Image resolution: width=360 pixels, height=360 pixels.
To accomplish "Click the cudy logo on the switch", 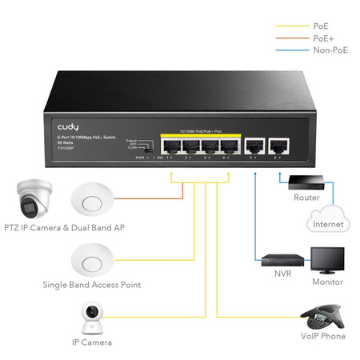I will click(68, 126).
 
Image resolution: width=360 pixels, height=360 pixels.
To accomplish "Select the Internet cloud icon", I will click(328, 220).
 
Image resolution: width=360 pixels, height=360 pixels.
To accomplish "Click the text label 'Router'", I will click(306, 197).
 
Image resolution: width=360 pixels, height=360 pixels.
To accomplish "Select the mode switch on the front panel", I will click(143, 147).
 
